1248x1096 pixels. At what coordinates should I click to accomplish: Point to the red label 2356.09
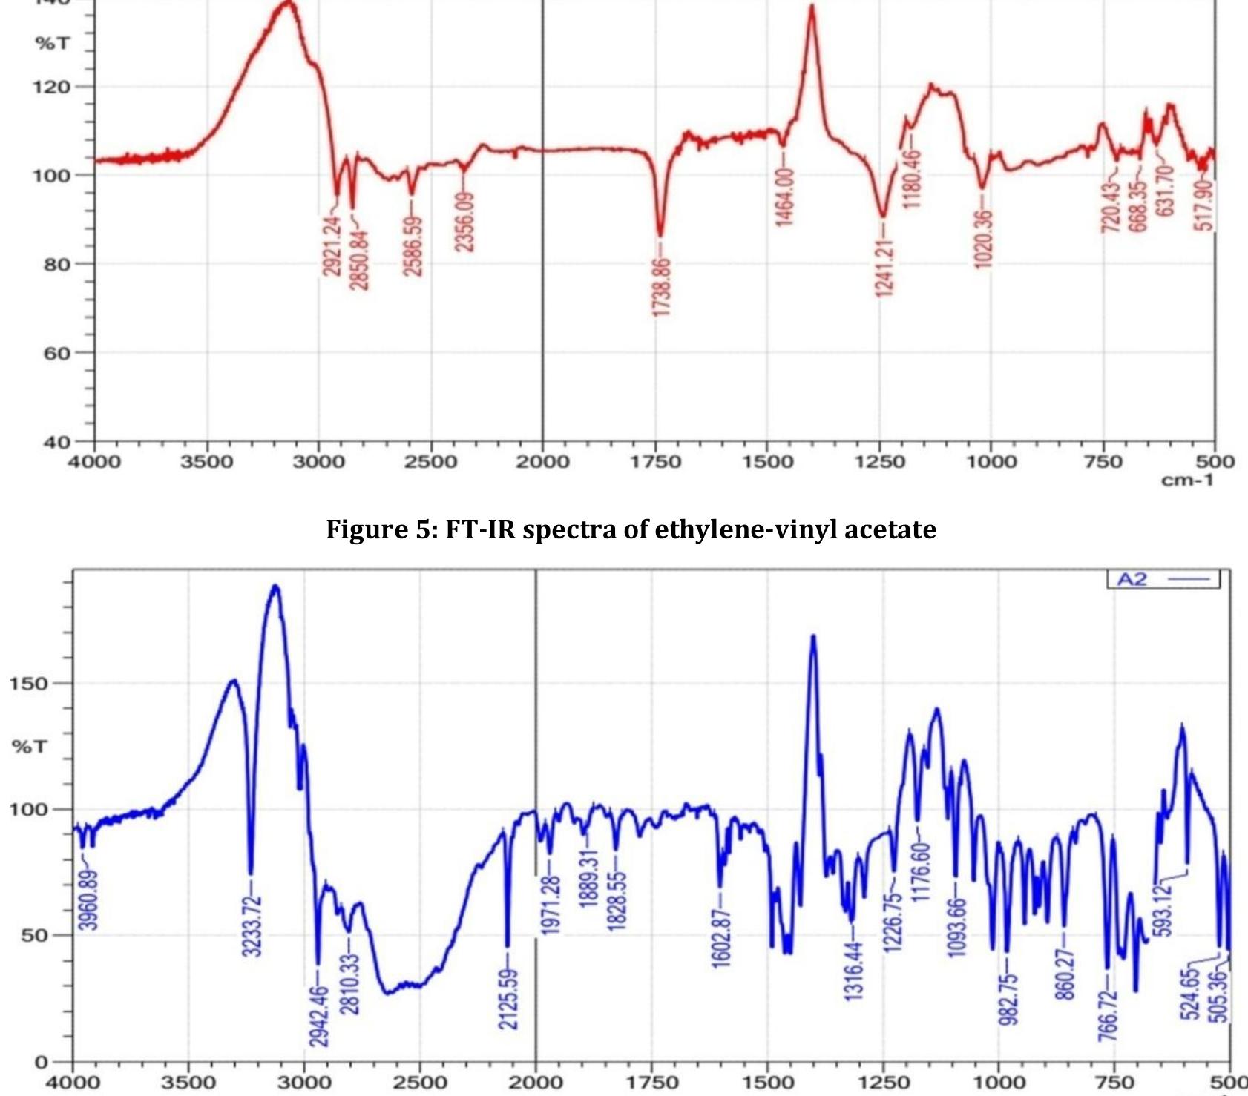pyautogui.click(x=464, y=222)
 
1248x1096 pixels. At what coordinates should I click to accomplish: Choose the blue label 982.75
pyautogui.click(x=1007, y=999)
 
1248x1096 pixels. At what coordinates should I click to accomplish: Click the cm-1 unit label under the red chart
pyautogui.click(x=1187, y=481)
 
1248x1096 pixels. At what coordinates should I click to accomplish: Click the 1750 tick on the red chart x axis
pyautogui.click(x=654, y=462)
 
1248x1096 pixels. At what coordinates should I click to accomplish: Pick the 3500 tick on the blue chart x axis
pyautogui.click(x=188, y=1083)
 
